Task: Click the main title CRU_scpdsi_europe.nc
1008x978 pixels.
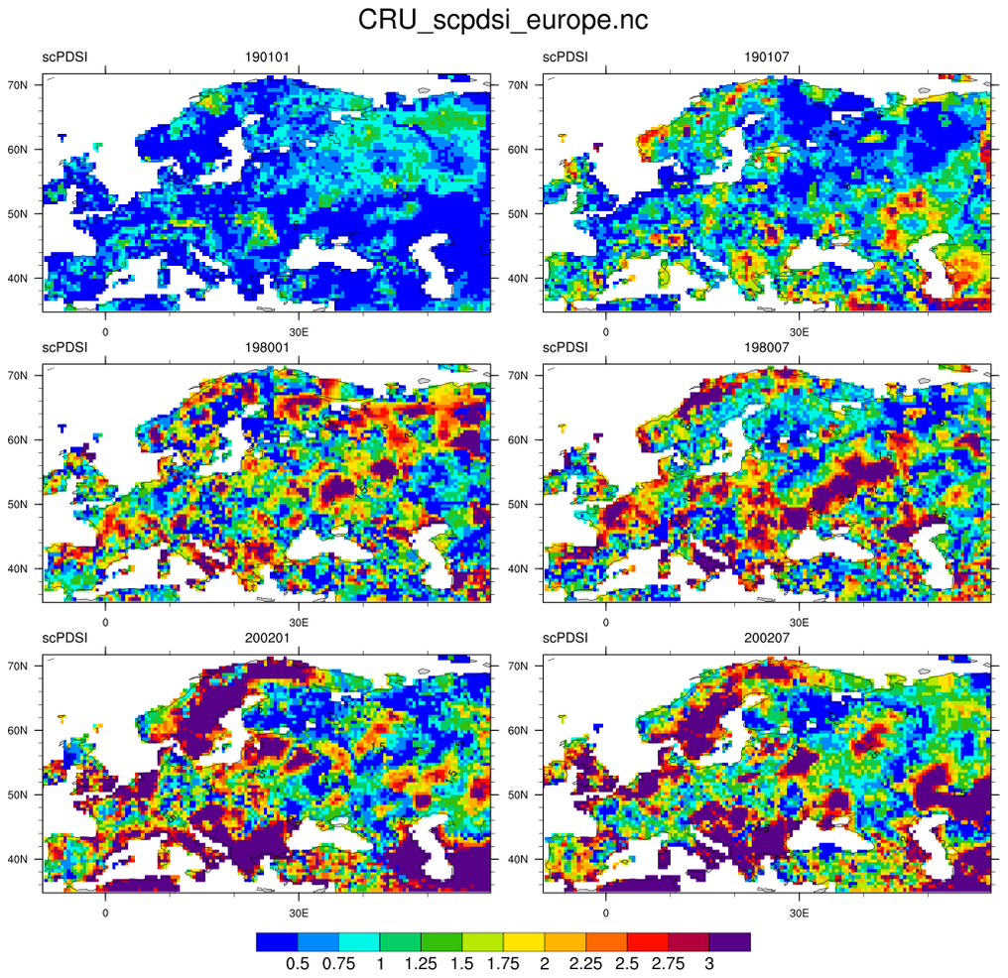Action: coord(503,20)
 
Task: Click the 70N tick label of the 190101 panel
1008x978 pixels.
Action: coord(25,85)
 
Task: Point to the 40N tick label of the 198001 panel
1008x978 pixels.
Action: coord(25,568)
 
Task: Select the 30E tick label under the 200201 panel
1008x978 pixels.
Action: coord(297,907)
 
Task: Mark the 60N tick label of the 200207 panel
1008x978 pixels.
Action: coord(526,730)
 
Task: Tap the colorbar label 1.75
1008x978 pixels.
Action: coord(503,963)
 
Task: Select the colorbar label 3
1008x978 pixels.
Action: coord(708,963)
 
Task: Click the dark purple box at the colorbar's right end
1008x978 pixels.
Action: coord(729,941)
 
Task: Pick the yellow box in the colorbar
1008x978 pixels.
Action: coord(524,941)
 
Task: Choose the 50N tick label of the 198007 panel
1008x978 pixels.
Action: coord(526,504)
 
